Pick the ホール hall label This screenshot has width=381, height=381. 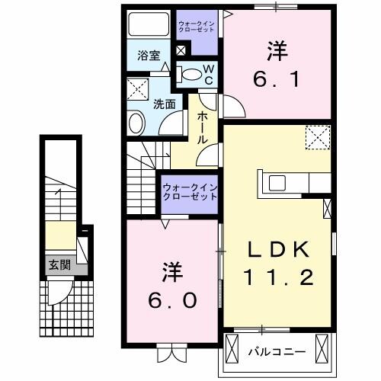pos(203,127)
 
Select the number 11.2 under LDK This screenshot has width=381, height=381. pos(277,277)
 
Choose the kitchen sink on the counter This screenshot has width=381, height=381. pos(275,183)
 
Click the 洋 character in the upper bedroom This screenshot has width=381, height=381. pos(277,51)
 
